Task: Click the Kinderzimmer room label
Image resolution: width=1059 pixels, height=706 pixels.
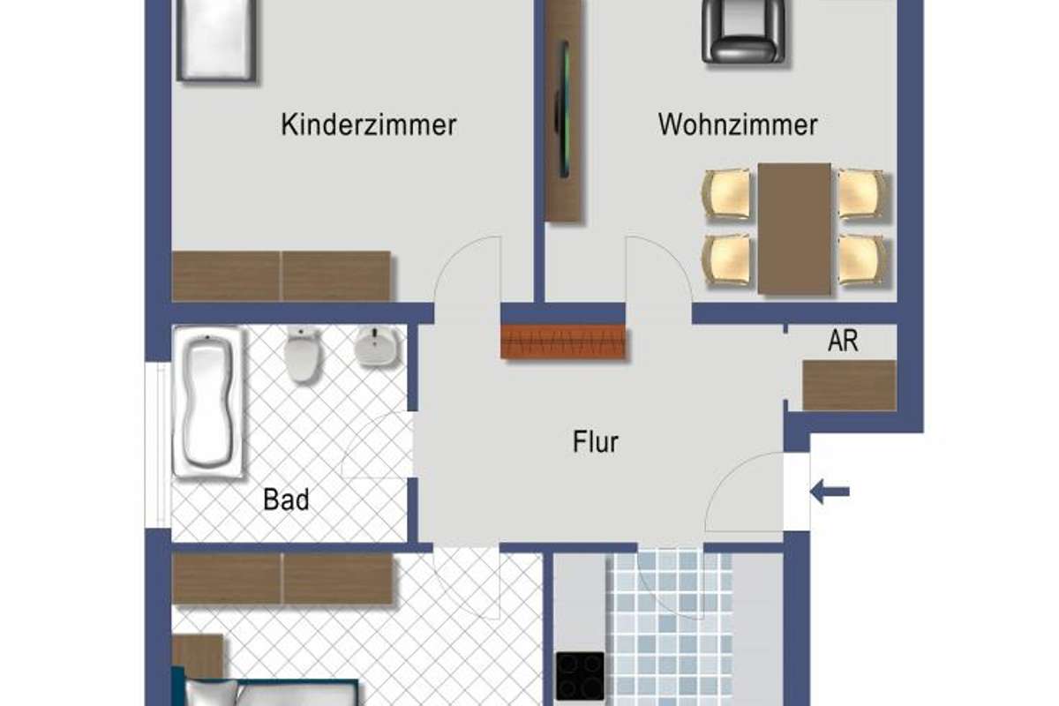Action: pyautogui.click(x=369, y=124)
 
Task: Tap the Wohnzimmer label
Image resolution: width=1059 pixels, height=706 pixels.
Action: pyautogui.click(x=738, y=124)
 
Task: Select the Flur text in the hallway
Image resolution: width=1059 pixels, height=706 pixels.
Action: pyautogui.click(x=595, y=442)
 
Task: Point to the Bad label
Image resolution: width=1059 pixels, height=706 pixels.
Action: pyautogui.click(x=286, y=499)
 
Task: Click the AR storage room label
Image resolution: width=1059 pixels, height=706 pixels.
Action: pyautogui.click(x=843, y=341)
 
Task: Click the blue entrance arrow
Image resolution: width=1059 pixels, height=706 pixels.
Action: pyautogui.click(x=830, y=492)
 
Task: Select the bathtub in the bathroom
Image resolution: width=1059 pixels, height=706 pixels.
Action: pyautogui.click(x=208, y=402)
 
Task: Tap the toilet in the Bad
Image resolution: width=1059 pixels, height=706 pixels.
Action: pyautogui.click(x=303, y=354)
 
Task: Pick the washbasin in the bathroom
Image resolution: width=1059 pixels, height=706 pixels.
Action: pyautogui.click(x=377, y=347)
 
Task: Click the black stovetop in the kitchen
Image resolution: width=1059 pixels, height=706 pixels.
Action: pyautogui.click(x=580, y=676)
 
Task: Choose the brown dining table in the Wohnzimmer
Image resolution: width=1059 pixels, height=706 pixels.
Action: pyautogui.click(x=794, y=229)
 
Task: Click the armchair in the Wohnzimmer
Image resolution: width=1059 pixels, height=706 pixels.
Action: pyautogui.click(x=743, y=32)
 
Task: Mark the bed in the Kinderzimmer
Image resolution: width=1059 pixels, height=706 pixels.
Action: pyautogui.click(x=216, y=40)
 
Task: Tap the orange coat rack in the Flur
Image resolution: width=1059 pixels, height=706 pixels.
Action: pyautogui.click(x=563, y=342)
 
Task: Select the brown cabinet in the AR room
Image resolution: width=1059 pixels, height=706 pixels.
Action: pyautogui.click(x=850, y=386)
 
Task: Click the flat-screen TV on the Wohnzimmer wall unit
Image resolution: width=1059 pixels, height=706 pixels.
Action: pyautogui.click(x=563, y=109)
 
